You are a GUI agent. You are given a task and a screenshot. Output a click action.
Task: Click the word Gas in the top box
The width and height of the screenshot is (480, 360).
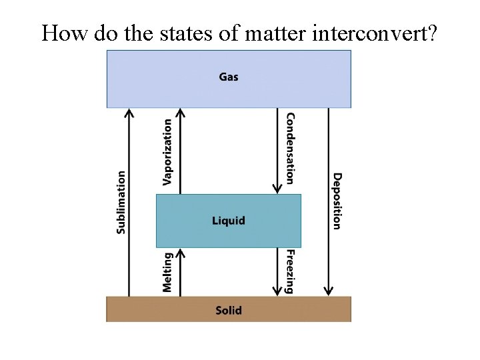point(229,77)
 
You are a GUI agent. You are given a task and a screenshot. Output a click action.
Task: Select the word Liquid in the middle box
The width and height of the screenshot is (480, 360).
point(229,221)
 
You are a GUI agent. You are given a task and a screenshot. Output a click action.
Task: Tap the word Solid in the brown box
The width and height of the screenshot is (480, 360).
point(229,310)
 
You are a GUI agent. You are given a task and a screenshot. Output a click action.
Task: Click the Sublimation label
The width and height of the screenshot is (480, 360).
point(121,202)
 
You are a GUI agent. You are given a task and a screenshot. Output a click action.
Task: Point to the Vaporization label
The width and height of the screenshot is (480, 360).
point(167,152)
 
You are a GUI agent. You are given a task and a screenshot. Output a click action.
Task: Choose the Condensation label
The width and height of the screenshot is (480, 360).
point(290,148)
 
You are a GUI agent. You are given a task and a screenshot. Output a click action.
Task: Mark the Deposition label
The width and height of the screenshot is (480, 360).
point(337,201)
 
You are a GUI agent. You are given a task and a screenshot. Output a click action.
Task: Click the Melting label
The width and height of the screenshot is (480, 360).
point(167,271)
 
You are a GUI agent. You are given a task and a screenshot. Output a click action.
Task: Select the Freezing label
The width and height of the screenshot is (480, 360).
point(290,271)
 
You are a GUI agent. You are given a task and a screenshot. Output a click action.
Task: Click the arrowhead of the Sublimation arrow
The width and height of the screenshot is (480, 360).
point(129,113)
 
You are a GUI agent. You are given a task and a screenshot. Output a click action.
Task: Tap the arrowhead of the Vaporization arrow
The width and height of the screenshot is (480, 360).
point(180,113)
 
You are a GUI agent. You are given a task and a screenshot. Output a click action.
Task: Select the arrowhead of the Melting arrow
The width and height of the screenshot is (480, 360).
point(180,253)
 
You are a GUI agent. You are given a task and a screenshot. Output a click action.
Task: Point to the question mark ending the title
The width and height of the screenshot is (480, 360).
point(432,33)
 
